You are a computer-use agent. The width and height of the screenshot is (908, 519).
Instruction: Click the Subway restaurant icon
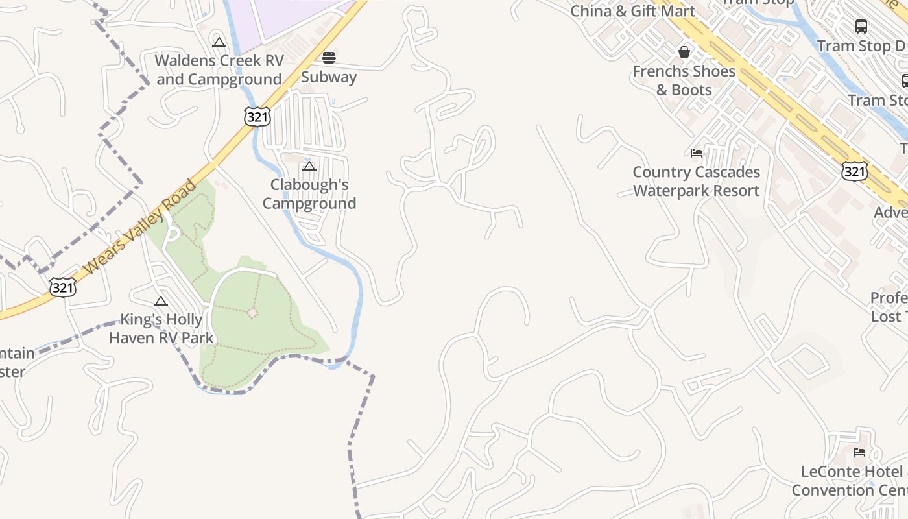(x=329, y=58)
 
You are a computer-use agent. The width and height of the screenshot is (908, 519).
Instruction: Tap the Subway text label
(x=329, y=77)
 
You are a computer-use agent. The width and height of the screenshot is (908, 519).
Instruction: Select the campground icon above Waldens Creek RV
(x=219, y=42)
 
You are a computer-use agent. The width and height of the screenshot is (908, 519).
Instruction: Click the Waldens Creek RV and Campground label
(x=219, y=70)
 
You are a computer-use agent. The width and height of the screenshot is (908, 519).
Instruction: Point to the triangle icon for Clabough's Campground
(x=309, y=166)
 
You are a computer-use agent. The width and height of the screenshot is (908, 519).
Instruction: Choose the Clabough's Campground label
(x=309, y=194)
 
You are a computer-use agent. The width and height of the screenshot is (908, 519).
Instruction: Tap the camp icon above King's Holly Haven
(x=161, y=301)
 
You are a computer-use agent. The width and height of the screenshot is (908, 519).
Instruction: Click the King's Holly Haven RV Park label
(x=161, y=329)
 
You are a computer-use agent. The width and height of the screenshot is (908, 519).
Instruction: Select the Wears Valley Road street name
(x=140, y=226)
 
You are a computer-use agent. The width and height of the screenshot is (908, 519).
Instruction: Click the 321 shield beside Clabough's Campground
(x=257, y=117)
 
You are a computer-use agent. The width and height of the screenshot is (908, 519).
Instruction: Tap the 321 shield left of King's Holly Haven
(x=63, y=287)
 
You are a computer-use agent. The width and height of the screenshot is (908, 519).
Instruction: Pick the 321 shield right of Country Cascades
(x=854, y=171)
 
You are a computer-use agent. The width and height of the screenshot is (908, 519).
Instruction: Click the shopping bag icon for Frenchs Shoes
(x=684, y=52)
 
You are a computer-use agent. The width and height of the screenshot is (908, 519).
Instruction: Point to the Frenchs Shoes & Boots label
(x=684, y=80)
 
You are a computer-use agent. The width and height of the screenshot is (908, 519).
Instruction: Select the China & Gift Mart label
(x=632, y=11)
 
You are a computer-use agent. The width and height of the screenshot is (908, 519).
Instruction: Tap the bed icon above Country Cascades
(x=697, y=153)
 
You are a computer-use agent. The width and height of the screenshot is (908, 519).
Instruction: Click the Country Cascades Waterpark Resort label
(x=697, y=182)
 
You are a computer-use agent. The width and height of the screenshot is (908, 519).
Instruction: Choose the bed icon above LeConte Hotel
(x=859, y=452)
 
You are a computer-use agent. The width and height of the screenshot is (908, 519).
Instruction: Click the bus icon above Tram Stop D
(x=861, y=27)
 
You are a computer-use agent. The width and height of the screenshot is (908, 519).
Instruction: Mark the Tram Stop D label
(x=861, y=46)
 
